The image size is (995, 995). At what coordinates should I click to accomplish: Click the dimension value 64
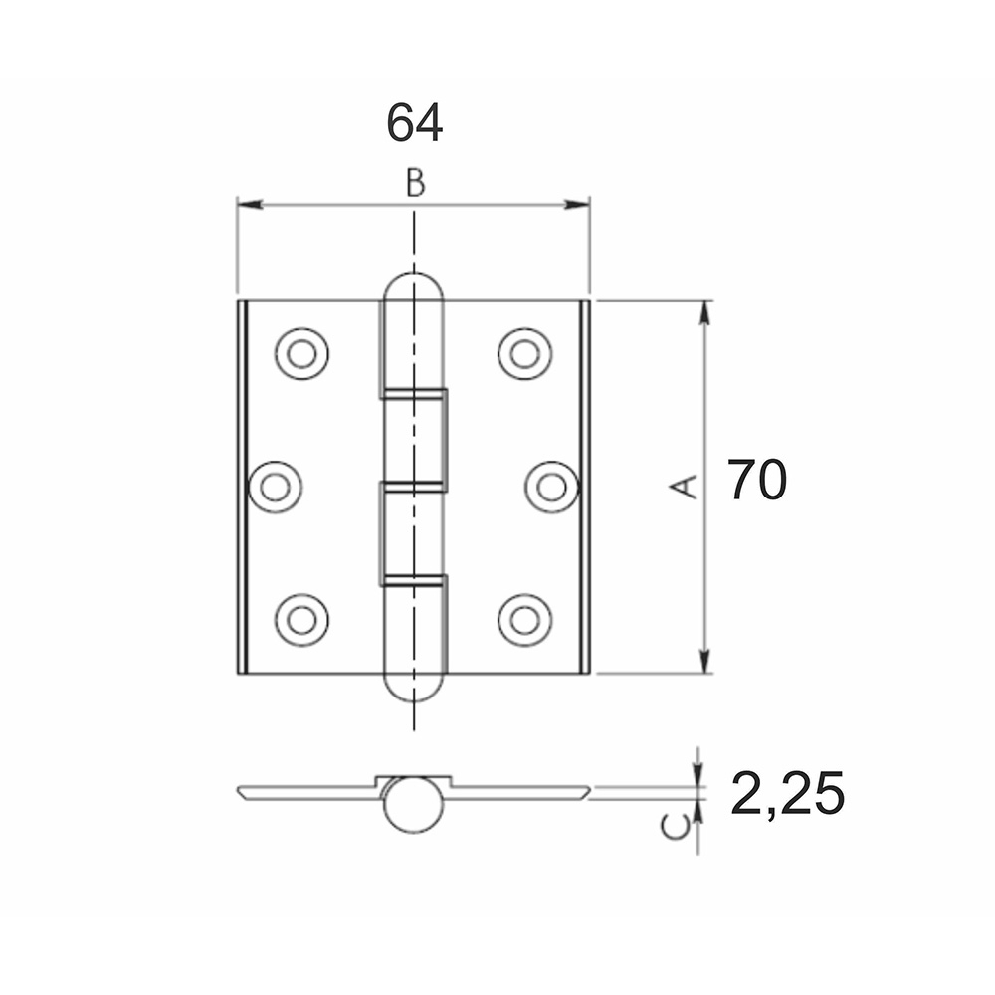[414, 123]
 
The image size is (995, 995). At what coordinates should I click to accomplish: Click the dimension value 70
[756, 480]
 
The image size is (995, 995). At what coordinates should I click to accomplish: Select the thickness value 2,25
[787, 793]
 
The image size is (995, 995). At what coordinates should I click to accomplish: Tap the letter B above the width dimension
[416, 183]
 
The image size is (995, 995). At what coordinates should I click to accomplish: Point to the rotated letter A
[685, 487]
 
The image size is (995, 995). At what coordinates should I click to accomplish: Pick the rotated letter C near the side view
[675, 827]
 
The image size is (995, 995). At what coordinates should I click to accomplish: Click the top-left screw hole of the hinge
[302, 354]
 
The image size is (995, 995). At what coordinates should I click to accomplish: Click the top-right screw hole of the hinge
[524, 354]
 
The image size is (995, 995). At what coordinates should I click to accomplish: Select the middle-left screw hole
[275, 487]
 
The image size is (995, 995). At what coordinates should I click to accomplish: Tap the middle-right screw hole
[551, 487]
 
